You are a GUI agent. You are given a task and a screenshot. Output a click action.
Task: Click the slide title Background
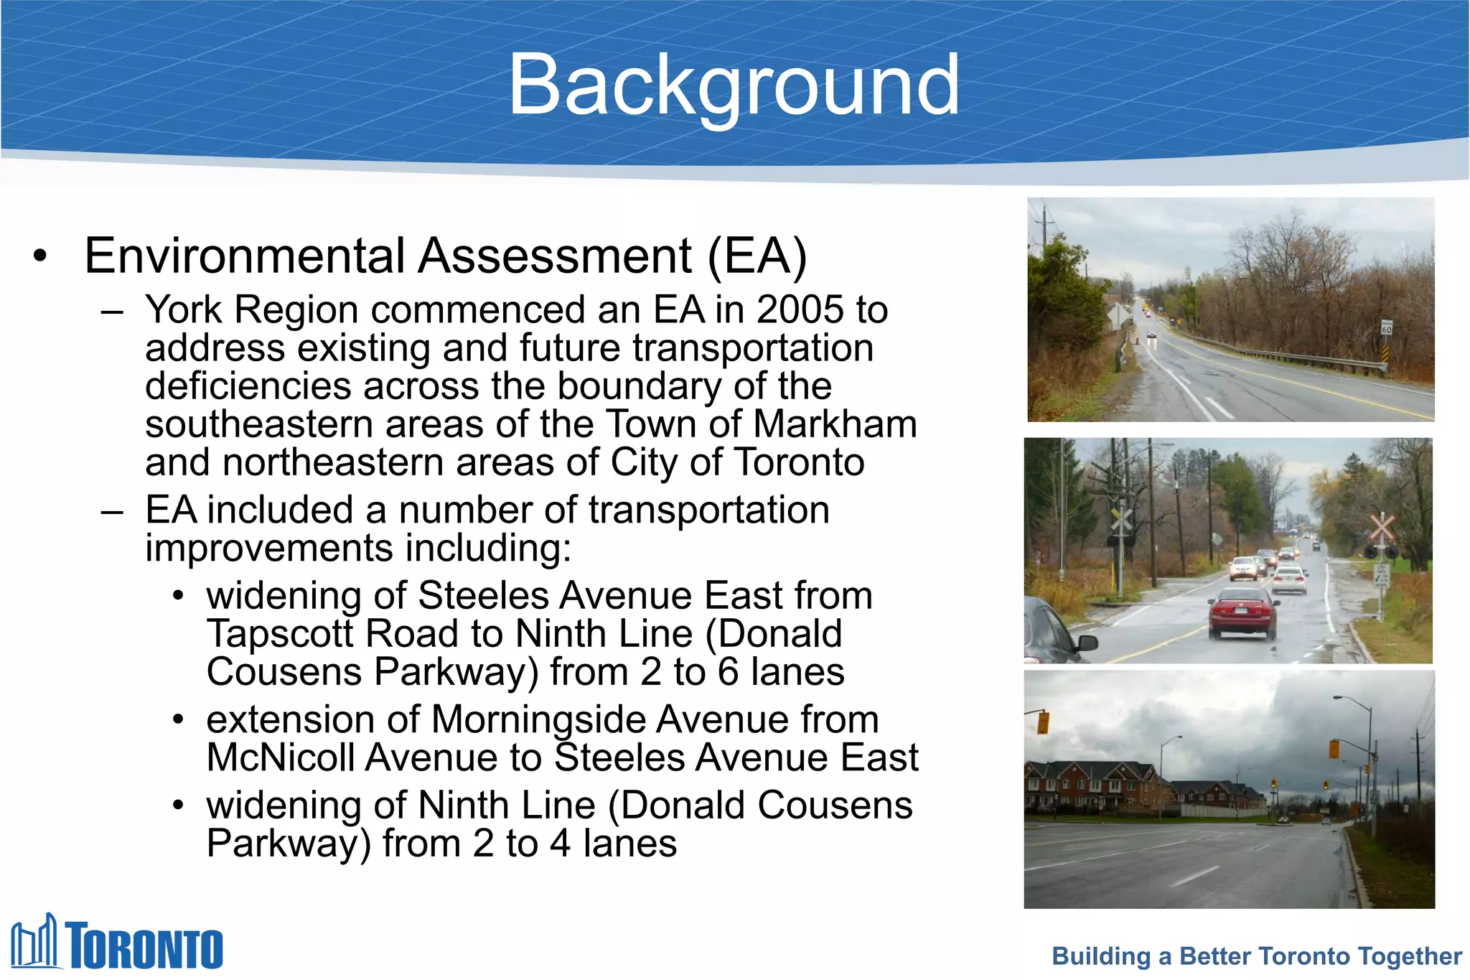pos(734,85)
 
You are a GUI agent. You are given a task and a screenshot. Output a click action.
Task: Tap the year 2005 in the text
pos(800,310)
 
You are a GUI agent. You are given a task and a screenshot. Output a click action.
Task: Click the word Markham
pos(835,424)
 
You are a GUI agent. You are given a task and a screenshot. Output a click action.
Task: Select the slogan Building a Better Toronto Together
pos(1256,956)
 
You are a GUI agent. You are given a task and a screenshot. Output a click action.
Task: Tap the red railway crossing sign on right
pos(1381,528)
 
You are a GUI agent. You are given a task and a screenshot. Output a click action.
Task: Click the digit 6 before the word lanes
pos(728,673)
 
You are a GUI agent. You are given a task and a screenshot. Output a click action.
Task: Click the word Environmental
pos(245,256)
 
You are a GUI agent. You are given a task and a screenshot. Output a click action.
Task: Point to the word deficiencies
pos(248,386)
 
